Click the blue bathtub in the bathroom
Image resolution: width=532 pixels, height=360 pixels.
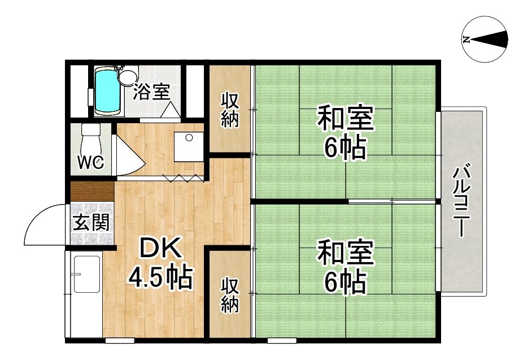coord(107,90)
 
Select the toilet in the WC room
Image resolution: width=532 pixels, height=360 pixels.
coord(91,139)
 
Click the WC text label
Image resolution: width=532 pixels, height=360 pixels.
coord(90,163)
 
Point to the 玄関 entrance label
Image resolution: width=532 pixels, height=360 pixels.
coord(91,223)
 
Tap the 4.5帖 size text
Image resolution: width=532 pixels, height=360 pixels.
coord(160,277)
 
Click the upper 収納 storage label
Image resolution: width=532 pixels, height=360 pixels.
coord(230,110)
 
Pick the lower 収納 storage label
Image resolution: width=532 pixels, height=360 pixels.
coord(230,295)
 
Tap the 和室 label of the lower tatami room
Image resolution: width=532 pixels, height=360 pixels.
coord(345,251)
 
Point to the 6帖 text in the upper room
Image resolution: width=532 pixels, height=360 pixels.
coord(345,147)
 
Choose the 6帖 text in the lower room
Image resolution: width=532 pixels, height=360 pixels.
coord(345,281)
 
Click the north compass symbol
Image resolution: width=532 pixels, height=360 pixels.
coord(485,40)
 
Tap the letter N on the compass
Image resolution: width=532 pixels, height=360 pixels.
coord(466,40)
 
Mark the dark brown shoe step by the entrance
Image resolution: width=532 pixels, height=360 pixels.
coord(92,192)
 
